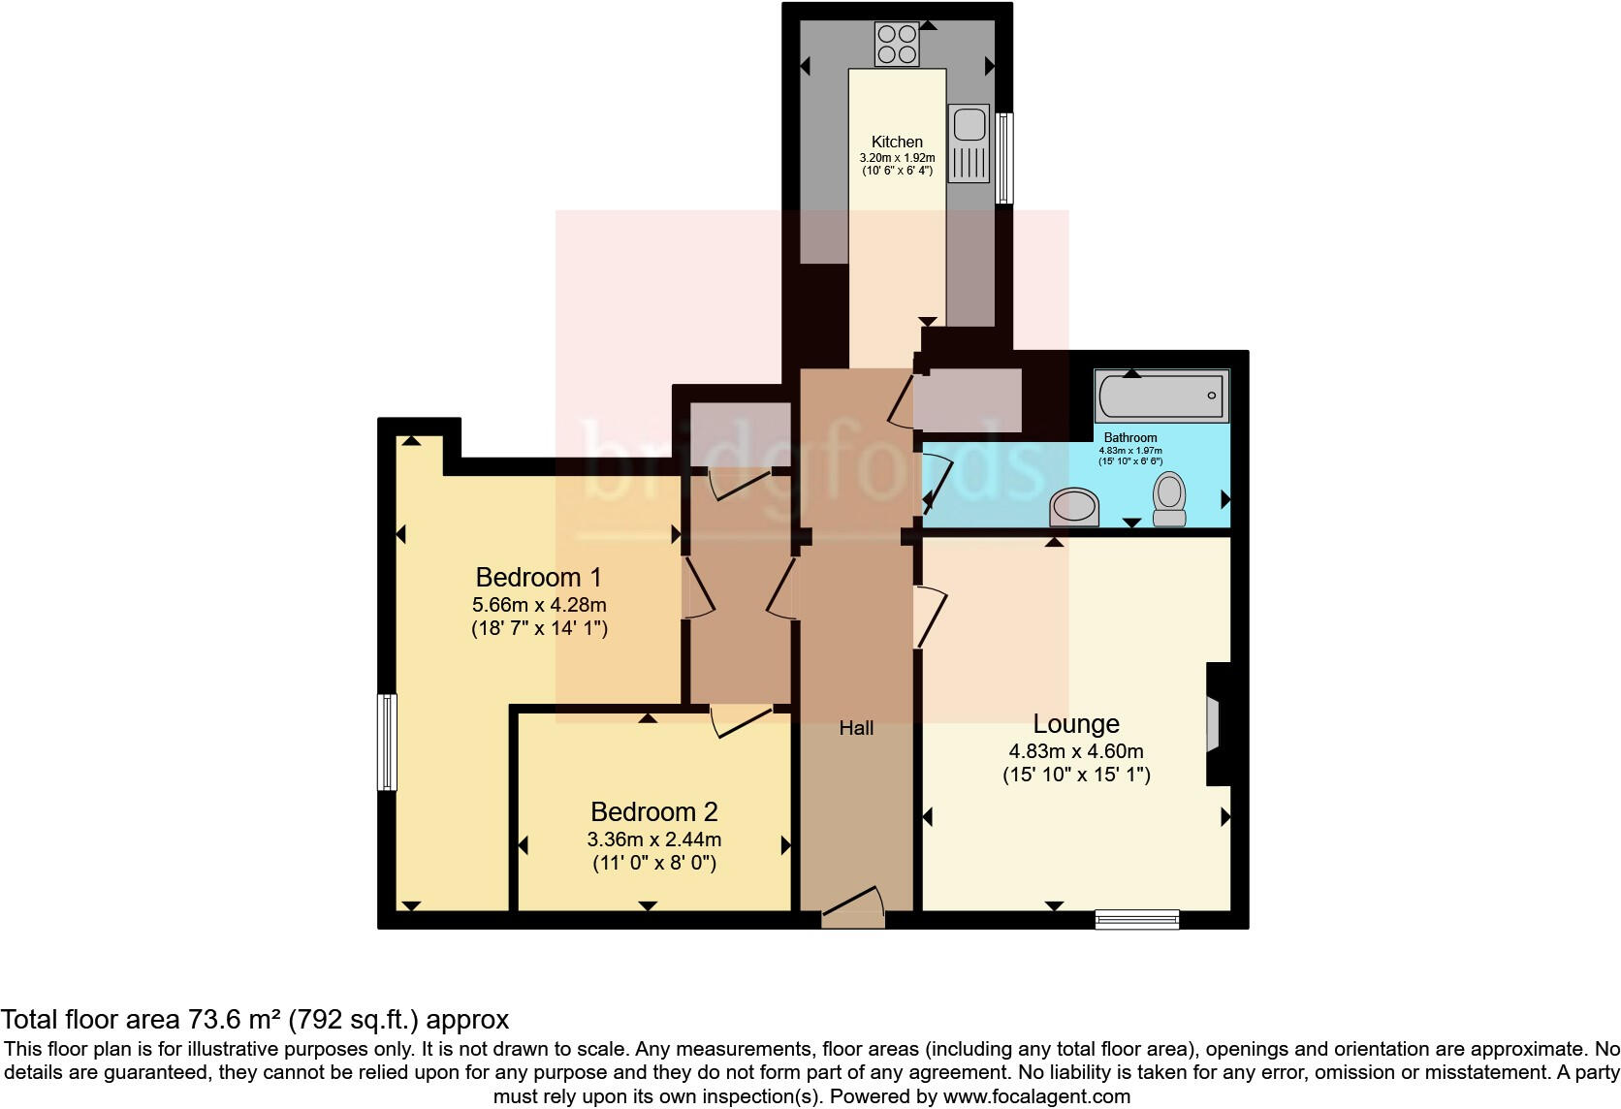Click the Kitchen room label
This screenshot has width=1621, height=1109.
click(897, 142)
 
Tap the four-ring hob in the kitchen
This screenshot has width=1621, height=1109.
click(897, 45)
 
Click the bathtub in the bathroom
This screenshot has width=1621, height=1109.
click(1161, 396)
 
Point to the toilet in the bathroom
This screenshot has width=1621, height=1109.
click(1170, 498)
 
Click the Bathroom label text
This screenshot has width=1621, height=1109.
click(1130, 438)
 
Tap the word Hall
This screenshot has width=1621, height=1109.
click(856, 728)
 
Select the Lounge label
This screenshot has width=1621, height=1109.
click(1076, 723)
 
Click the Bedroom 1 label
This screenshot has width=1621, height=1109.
click(539, 578)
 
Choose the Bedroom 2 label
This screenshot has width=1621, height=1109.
click(654, 811)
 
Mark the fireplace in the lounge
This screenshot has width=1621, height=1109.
click(1214, 723)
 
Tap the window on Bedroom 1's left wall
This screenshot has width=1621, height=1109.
click(388, 742)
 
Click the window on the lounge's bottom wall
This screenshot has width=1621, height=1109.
click(1137, 919)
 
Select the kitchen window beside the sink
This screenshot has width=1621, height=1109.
click(1005, 158)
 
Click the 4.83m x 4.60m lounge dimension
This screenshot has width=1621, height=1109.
click(1076, 751)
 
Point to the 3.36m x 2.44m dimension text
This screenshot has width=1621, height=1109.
click(654, 840)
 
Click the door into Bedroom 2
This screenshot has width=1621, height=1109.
click(742, 721)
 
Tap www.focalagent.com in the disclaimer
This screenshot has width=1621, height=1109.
click(1036, 1096)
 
